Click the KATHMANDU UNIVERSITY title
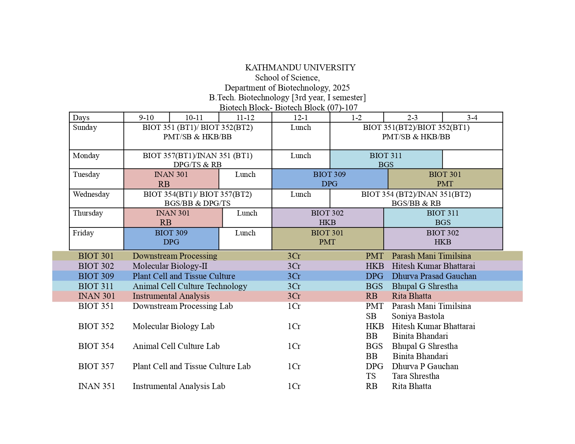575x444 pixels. pyautogui.click(x=300, y=68)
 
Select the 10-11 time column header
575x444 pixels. pyautogui.click(x=194, y=118)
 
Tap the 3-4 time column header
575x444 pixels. pyautogui.click(x=472, y=118)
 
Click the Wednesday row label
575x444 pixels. pyautogui.click(x=91, y=194)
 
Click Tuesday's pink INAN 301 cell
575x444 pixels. pyautogui.click(x=171, y=179)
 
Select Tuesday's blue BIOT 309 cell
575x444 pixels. pyautogui.click(x=329, y=179)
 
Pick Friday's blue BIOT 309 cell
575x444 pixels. pyautogui.click(x=171, y=237)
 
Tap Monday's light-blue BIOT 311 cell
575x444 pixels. pyautogui.click(x=386, y=160)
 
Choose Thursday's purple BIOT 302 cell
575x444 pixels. pyautogui.click(x=327, y=218)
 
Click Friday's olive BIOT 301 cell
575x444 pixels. pyautogui.click(x=327, y=237)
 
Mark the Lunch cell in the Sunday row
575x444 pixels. pyautogui.click(x=300, y=128)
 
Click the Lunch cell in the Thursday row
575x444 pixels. pyautogui.click(x=247, y=213)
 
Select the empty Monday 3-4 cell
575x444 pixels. pyautogui.click(x=472, y=159)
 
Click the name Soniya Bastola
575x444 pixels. pyautogui.click(x=418, y=316)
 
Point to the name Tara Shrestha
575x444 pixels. pyautogui.click(x=415, y=376)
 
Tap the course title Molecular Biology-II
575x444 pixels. pyautogui.click(x=170, y=266)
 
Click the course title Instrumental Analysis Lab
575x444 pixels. pyautogui.click(x=179, y=386)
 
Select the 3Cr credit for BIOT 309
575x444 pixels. pyautogui.click(x=294, y=276)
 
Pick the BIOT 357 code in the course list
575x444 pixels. pyautogui.click(x=96, y=366)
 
